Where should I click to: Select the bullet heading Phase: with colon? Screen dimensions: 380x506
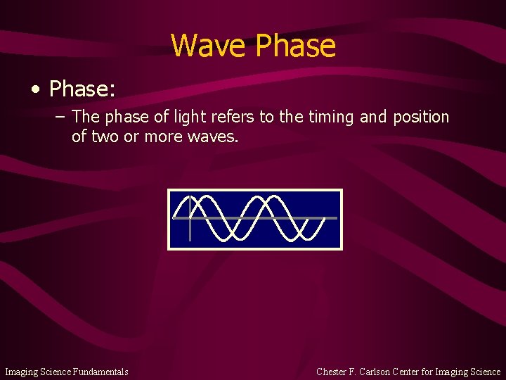pyautogui.click(x=82, y=89)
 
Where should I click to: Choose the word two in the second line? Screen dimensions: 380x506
pyautogui.click(x=105, y=137)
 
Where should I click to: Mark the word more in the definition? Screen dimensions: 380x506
pyautogui.click(x=164, y=137)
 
